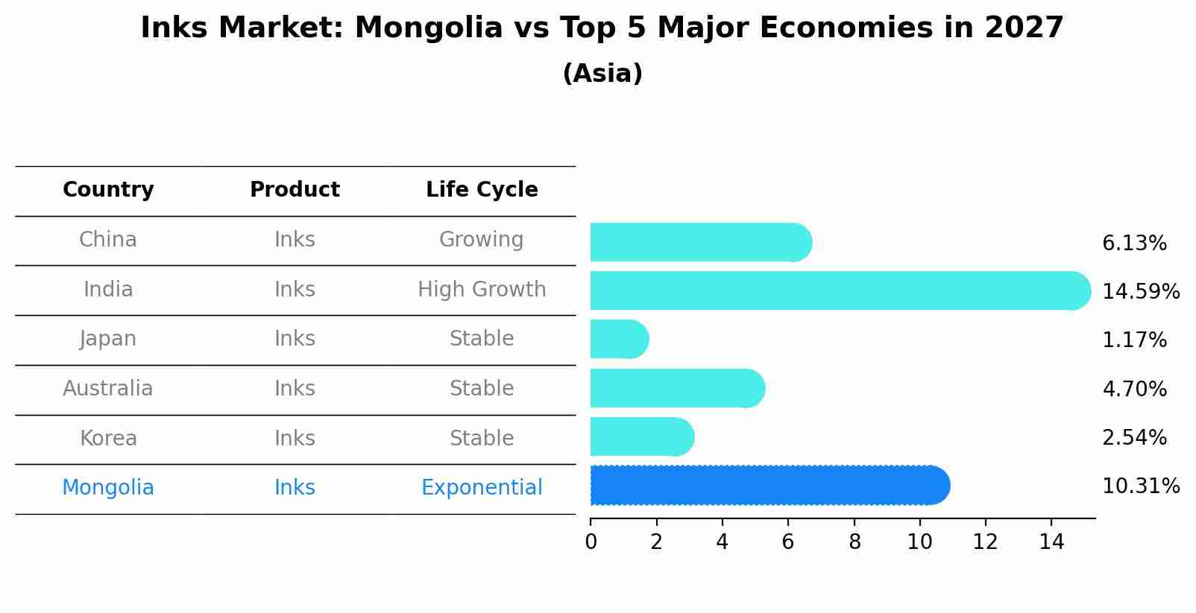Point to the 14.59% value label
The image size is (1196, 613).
(1140, 291)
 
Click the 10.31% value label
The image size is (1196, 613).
(1140, 486)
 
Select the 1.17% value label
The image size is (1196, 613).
(1133, 340)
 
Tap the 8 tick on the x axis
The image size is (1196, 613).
(854, 542)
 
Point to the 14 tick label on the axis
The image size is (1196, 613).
(1051, 542)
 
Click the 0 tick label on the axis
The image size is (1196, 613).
(591, 542)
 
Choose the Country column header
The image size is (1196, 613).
(108, 190)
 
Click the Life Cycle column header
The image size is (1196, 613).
(482, 190)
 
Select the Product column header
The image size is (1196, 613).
(295, 190)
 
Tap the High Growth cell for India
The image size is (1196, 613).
(482, 290)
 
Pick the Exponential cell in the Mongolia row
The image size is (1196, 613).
(482, 488)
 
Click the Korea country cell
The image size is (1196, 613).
(108, 438)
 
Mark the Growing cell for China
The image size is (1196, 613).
(481, 240)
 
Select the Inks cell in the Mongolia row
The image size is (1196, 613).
(295, 488)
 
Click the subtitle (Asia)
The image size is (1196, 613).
(602, 74)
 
